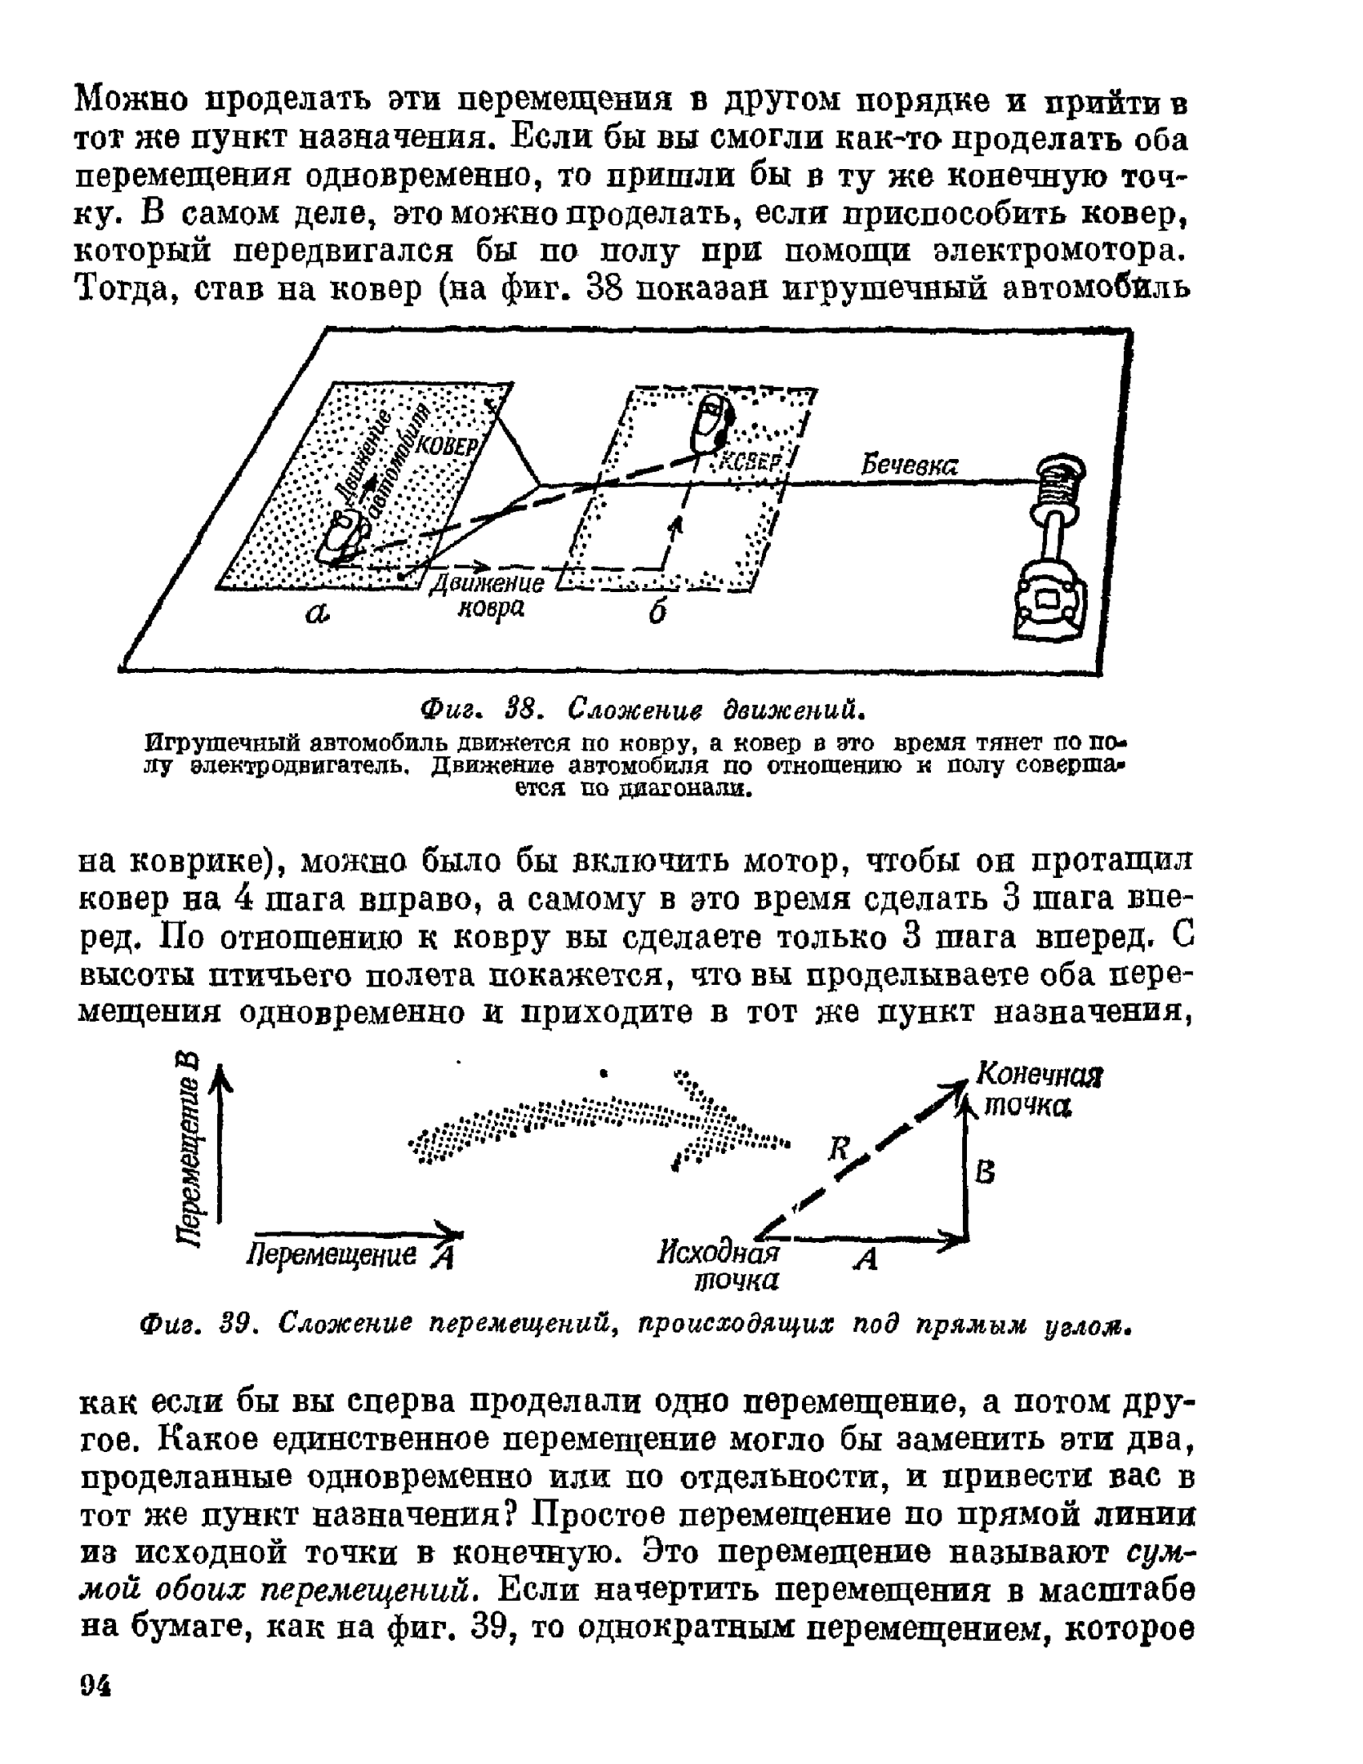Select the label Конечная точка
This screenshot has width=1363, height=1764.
[1040, 1090]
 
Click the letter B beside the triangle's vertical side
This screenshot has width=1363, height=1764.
[987, 1174]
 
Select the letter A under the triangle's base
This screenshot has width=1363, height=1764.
[866, 1259]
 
